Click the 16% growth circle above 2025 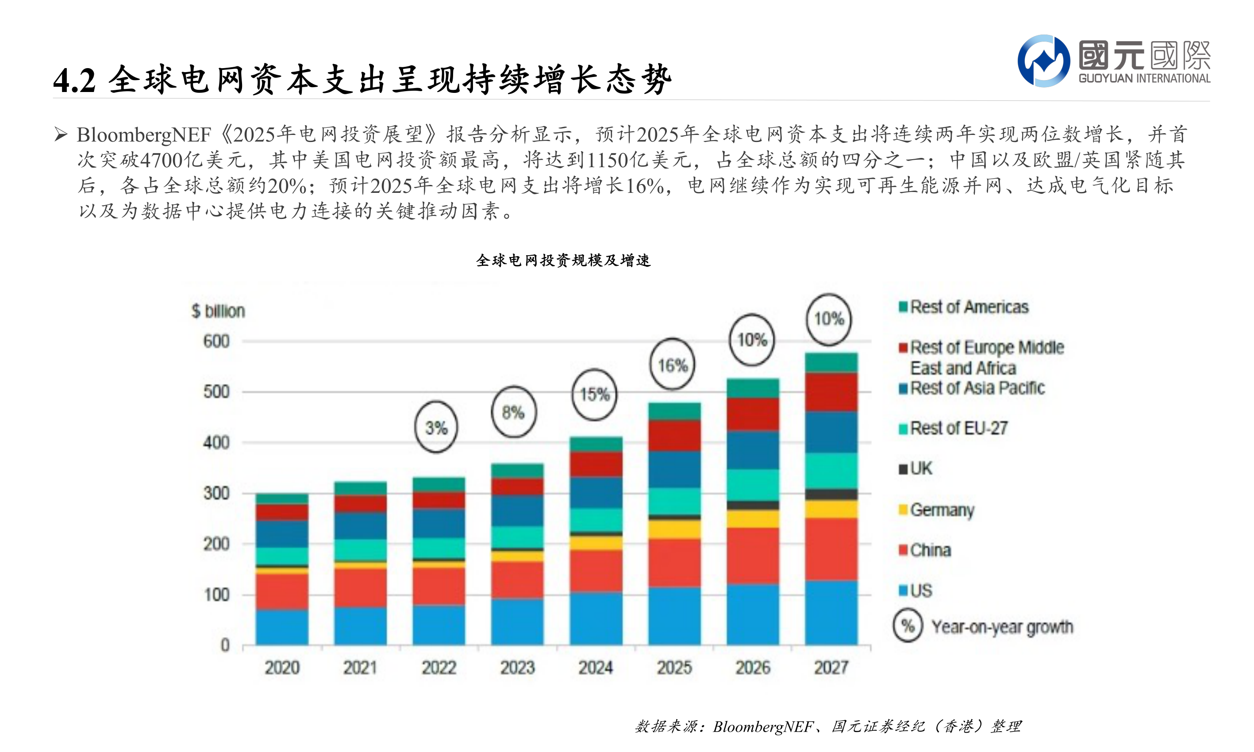(x=672, y=364)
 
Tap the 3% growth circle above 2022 (x=436, y=427)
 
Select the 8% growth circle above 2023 (x=513, y=412)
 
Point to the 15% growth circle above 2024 (x=595, y=394)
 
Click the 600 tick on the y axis (x=216, y=341)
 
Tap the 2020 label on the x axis (x=282, y=667)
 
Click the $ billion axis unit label (x=218, y=311)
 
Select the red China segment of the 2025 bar (x=674, y=563)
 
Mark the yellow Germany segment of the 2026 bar (x=753, y=518)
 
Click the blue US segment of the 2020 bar (x=282, y=627)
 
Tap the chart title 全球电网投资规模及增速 (x=563, y=261)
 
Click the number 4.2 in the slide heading (x=74, y=81)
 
